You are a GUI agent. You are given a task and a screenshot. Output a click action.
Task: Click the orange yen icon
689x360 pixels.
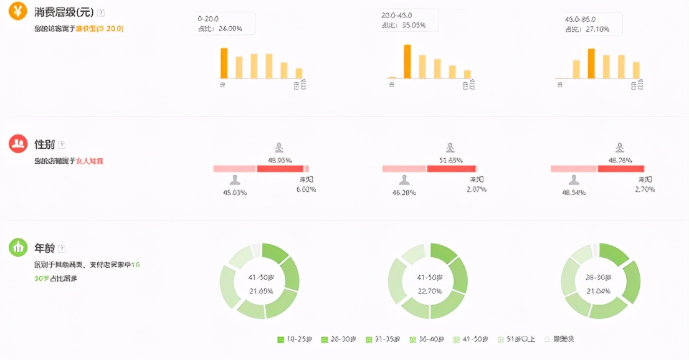pyautogui.click(x=17, y=11)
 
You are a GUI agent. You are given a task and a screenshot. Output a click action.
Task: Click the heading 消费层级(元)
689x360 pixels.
pyautogui.click(x=64, y=12)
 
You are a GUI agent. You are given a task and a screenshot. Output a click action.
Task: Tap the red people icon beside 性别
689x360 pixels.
pyautogui.click(x=18, y=144)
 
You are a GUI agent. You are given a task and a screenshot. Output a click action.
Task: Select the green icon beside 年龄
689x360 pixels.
pyautogui.click(x=18, y=247)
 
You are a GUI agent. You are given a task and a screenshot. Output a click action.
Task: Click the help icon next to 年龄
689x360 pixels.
pyautogui.click(x=62, y=248)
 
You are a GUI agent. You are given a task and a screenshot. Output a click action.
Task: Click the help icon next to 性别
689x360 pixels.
pyautogui.click(x=62, y=144)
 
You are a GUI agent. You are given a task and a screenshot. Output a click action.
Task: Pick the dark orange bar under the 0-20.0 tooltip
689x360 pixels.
pyautogui.click(x=224, y=63)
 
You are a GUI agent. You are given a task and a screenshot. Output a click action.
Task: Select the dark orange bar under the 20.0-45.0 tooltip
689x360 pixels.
pyautogui.click(x=407, y=61)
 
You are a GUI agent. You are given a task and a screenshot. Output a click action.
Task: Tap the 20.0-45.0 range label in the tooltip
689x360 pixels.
pyautogui.click(x=396, y=15)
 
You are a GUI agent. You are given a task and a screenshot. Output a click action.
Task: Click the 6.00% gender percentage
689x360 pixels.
pyautogui.click(x=305, y=189)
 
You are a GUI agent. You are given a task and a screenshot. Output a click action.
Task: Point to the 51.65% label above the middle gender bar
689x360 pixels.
pyautogui.click(x=450, y=160)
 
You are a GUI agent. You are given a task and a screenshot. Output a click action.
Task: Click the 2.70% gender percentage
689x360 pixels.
pyautogui.click(x=645, y=189)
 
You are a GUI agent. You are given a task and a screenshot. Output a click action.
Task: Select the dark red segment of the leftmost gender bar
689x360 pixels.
pyautogui.click(x=280, y=169)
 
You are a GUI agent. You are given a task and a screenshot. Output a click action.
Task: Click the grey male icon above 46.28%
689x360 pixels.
pyautogui.click(x=404, y=180)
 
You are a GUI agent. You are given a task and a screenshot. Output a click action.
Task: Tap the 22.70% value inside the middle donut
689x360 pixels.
pyautogui.click(x=430, y=290)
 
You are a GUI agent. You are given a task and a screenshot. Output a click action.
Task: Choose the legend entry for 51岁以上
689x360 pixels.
pyautogui.click(x=517, y=339)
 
